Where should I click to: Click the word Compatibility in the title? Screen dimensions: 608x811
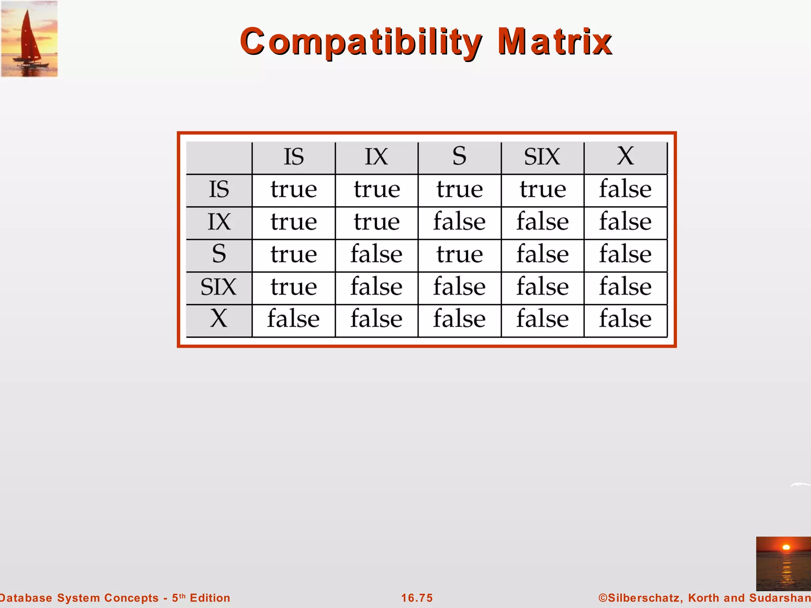click(x=361, y=42)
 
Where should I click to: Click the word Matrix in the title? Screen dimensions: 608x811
click(x=554, y=41)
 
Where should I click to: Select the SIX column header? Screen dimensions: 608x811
click(x=542, y=157)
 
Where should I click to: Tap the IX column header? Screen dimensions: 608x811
click(x=376, y=157)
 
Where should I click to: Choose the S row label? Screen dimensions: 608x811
click(x=219, y=254)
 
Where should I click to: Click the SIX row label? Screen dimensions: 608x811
click(x=219, y=287)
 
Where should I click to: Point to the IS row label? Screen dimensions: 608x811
click(x=219, y=189)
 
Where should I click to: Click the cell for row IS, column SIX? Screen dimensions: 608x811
click(x=543, y=189)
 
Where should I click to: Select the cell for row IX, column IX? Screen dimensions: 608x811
click(x=377, y=222)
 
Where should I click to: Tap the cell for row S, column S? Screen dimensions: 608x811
click(x=459, y=254)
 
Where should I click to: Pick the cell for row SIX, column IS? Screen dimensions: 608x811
click(x=293, y=287)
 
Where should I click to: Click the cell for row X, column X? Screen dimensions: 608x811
click(x=625, y=319)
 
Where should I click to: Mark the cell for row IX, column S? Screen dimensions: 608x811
click(x=459, y=222)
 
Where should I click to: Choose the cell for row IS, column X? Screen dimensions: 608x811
click(x=625, y=189)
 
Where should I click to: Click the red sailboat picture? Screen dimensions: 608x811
click(x=30, y=39)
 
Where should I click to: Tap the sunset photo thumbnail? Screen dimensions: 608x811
click(x=783, y=564)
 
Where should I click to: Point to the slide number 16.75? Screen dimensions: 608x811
click(x=417, y=598)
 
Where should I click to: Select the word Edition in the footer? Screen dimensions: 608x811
click(x=210, y=598)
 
